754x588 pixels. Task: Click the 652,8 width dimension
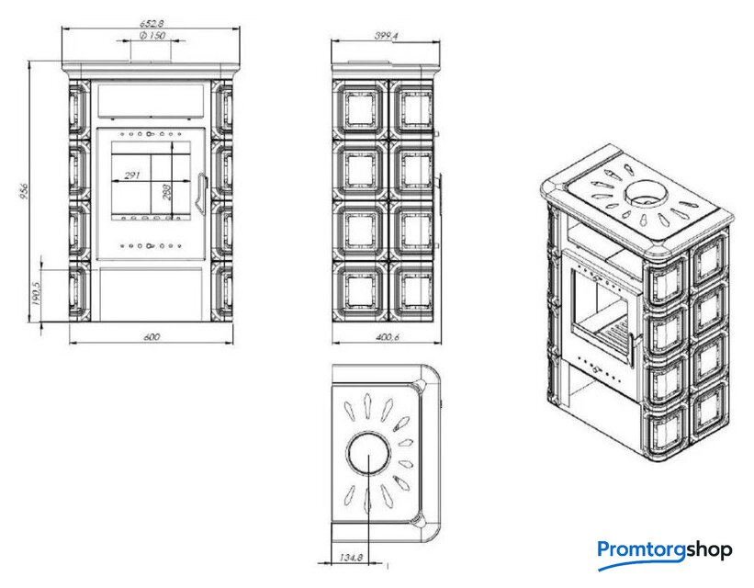coord(152,23)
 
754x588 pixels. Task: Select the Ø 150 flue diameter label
coord(152,35)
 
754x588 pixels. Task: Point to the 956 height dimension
coord(25,190)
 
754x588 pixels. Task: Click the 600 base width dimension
coord(152,337)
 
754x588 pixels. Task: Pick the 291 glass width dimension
coord(131,175)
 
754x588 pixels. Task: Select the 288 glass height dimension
coord(167,192)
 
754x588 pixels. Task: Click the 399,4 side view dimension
coord(386,36)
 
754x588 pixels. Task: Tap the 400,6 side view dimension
coord(387,337)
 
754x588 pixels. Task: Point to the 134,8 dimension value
coord(351,558)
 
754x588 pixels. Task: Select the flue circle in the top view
coord(368,452)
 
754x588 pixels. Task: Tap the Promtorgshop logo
coord(665,552)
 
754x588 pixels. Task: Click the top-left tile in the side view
coord(360,110)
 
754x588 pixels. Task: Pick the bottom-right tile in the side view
coord(411,291)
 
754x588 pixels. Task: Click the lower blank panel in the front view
coord(150,295)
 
